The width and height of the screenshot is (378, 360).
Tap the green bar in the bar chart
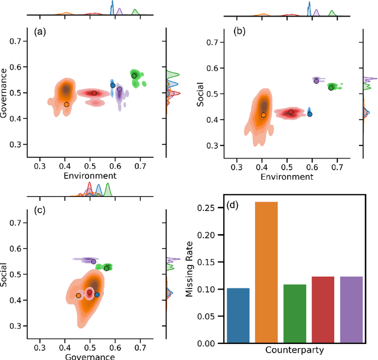click(x=294, y=313)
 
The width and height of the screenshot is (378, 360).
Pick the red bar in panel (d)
click(x=322, y=310)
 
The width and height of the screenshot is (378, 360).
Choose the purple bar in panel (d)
click(x=351, y=310)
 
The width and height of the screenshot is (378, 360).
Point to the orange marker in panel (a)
click(x=67, y=104)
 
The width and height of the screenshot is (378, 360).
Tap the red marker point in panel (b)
click(x=291, y=111)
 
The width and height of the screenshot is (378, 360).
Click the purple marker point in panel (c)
click(x=93, y=261)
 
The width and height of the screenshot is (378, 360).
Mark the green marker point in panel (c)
click(x=106, y=268)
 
